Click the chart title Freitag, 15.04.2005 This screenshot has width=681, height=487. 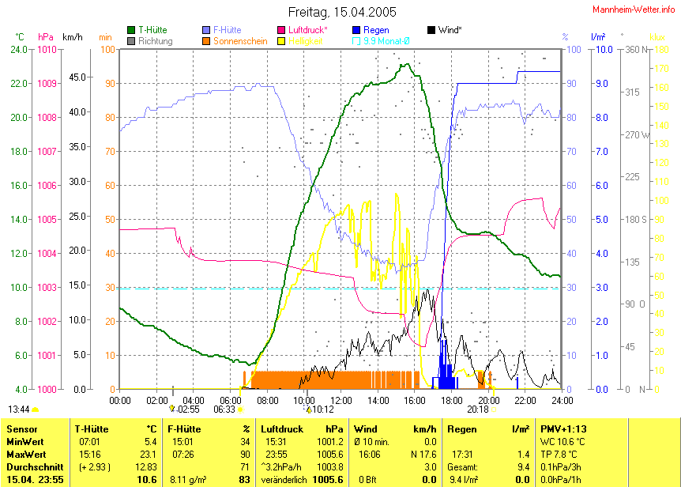pos(342,13)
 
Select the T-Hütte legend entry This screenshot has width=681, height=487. pos(152,30)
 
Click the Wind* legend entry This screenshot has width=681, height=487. pos(450,30)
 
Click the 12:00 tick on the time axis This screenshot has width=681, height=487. pos(340,400)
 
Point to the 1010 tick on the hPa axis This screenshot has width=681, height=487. pos(47,49)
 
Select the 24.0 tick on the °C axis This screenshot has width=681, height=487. pos(19,49)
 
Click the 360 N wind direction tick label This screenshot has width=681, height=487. pos(638,49)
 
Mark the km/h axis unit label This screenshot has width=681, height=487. pos(73,36)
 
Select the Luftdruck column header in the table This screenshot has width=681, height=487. pos(282,429)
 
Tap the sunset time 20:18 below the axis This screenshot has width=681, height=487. pos(477,410)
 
